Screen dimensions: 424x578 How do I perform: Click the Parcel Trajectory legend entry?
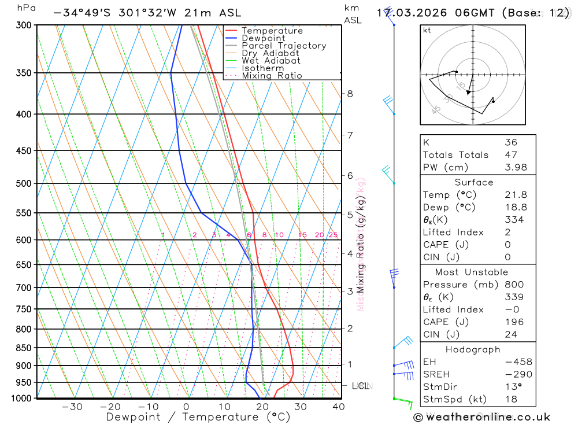284,46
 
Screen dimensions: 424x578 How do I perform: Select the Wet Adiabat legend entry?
271,61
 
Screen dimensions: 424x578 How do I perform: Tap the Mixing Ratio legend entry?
272,76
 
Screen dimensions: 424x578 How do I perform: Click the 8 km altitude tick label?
350,94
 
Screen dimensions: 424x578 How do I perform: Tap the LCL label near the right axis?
361,386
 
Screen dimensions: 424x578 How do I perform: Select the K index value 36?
511,142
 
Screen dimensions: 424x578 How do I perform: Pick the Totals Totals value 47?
511,155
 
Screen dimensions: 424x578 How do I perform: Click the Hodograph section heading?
473,350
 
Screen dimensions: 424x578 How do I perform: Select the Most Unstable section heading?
472,272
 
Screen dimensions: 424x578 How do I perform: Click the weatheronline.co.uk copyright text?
481,417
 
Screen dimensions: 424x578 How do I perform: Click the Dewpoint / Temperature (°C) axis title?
198,417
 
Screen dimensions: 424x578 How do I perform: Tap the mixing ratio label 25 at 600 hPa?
333,235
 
